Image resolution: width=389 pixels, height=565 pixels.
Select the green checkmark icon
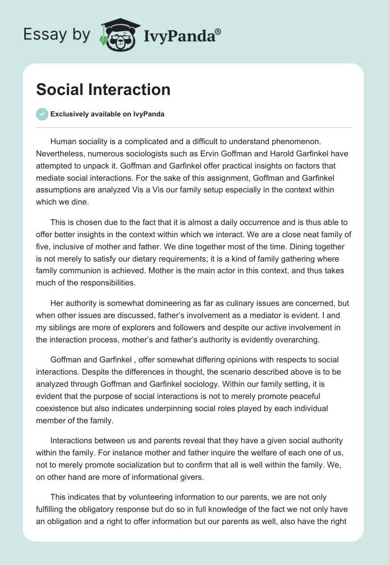(x=42, y=114)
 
